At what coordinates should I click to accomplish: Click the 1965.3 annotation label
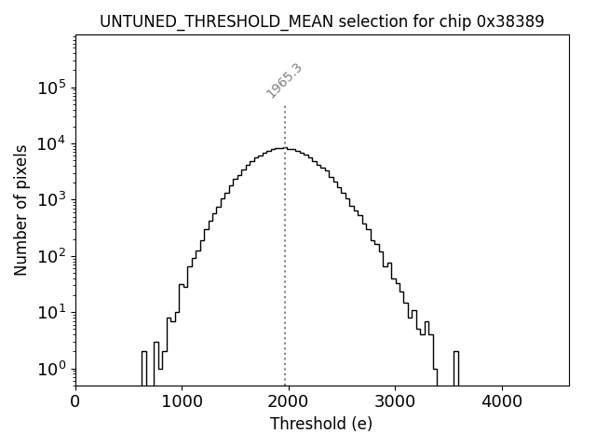(x=285, y=81)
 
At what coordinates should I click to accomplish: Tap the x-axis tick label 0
(x=75, y=403)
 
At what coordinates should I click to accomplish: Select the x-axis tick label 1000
(x=182, y=403)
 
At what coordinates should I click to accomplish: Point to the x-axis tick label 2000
(x=289, y=403)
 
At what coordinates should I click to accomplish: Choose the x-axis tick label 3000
(x=395, y=403)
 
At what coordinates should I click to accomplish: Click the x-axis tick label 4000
(x=502, y=403)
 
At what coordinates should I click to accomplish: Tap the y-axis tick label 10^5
(x=52, y=88)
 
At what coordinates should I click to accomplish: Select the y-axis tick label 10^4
(x=52, y=143)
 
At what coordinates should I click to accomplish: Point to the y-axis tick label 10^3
(x=52, y=199)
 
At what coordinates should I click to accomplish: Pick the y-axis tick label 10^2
(x=52, y=256)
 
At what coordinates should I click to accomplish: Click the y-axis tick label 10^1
(x=52, y=312)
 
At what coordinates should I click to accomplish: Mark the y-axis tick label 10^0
(x=52, y=369)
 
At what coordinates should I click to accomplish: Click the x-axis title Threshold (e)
(x=321, y=425)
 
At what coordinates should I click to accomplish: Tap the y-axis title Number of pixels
(x=20, y=210)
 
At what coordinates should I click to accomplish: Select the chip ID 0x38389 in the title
(x=510, y=20)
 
